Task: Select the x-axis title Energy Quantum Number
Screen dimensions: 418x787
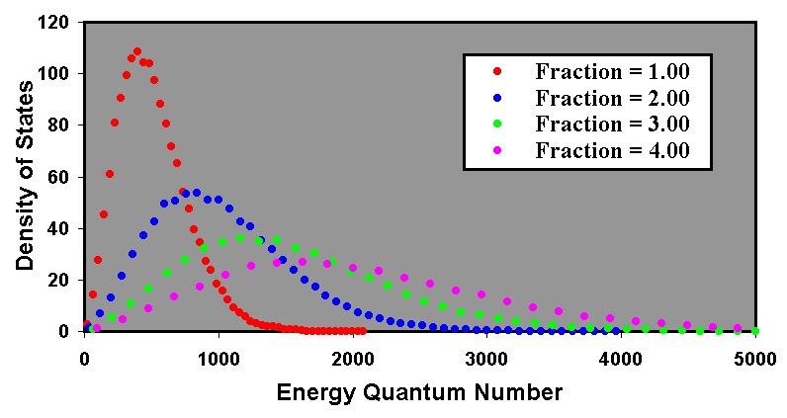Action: point(419,391)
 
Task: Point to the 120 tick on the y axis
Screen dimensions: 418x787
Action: point(62,23)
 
